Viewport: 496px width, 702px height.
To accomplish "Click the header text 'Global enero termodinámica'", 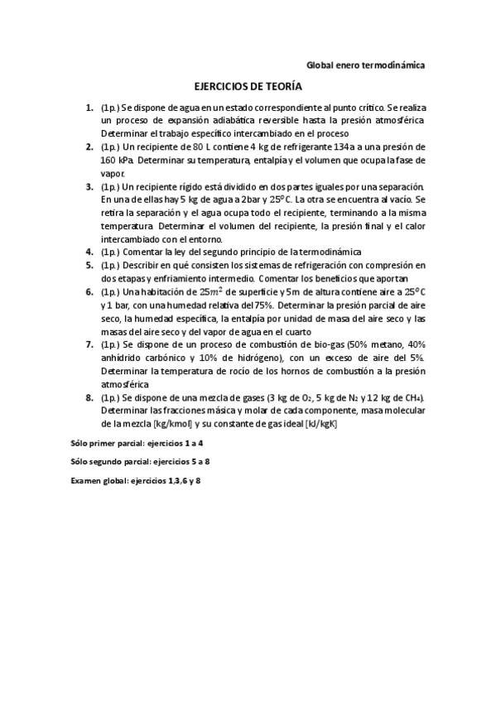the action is click(365, 65).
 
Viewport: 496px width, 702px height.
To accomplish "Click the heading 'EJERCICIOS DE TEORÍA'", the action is click(248, 86).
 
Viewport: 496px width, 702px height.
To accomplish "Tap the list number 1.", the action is click(89, 108).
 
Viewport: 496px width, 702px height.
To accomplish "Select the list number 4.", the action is click(89, 252).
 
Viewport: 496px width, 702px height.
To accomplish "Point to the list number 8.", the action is click(89, 397).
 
